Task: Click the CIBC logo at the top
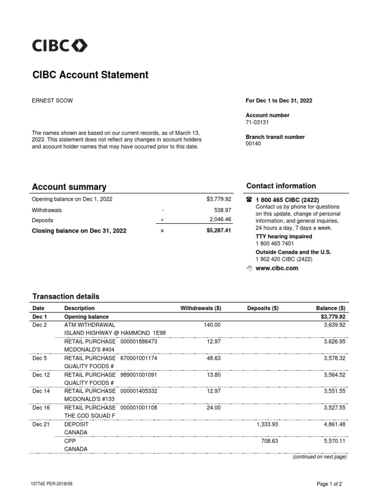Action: [x=60, y=46]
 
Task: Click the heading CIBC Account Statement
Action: [x=90, y=75]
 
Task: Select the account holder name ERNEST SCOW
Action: [x=52, y=101]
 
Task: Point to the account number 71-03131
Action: [x=257, y=123]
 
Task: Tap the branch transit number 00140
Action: [x=253, y=144]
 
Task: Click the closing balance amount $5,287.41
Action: [x=219, y=230]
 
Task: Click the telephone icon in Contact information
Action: [x=249, y=200]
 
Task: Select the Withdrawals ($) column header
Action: [x=201, y=308]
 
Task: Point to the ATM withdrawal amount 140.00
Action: [x=212, y=325]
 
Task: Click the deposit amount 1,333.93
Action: [x=267, y=424]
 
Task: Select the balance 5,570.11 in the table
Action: [x=334, y=441]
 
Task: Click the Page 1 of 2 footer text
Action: [x=329, y=484]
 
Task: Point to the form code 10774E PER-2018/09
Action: [x=55, y=484]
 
